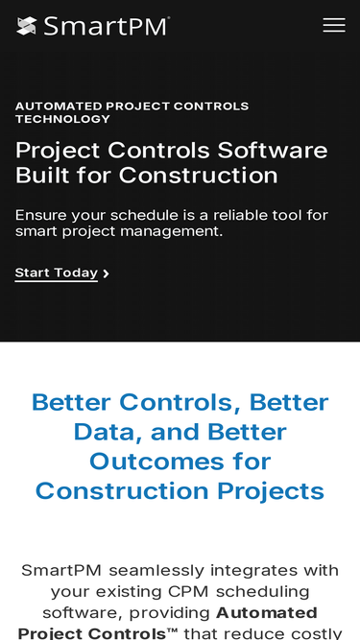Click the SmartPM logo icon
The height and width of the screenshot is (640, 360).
(x=27, y=26)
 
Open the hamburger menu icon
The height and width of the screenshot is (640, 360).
(x=334, y=26)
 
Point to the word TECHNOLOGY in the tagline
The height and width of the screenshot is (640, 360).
(x=62, y=119)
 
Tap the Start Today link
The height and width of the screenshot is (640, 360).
(x=57, y=273)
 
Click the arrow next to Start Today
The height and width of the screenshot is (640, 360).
(x=106, y=274)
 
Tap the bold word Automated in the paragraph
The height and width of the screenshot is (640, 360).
(x=267, y=613)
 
